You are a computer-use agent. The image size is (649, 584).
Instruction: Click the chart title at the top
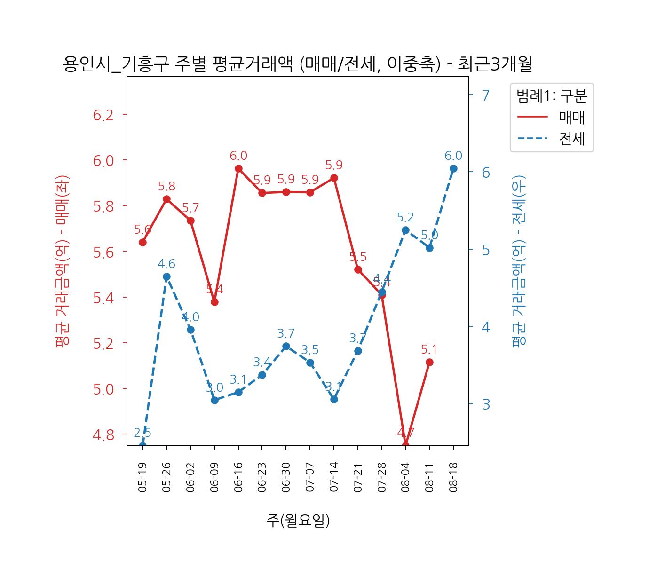coord(297,64)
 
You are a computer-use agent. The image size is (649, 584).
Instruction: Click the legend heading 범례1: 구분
coord(552,96)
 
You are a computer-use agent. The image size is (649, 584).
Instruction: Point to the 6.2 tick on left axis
coord(103,115)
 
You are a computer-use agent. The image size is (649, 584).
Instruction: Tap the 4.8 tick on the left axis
coord(103,434)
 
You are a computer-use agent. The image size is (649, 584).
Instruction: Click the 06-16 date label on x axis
coord(238,477)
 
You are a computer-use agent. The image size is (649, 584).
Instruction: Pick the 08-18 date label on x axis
coord(453,477)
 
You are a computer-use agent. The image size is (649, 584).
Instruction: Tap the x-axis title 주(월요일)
coord(298,520)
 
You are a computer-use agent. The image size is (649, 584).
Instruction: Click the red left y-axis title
coord(62,261)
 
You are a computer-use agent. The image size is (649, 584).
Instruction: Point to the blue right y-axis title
coord(519,261)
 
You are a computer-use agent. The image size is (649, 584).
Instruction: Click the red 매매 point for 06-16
coord(238,168)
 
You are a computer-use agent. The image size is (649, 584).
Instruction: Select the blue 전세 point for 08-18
coord(453,168)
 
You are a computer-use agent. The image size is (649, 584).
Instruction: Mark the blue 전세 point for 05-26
coord(166,277)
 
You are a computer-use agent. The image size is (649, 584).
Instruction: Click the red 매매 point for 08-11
coord(429,362)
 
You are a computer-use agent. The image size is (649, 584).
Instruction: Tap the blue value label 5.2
coord(405,217)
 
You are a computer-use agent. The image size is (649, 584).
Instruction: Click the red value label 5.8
coord(166,186)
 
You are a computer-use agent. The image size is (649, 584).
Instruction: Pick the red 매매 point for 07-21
coord(358,269)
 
